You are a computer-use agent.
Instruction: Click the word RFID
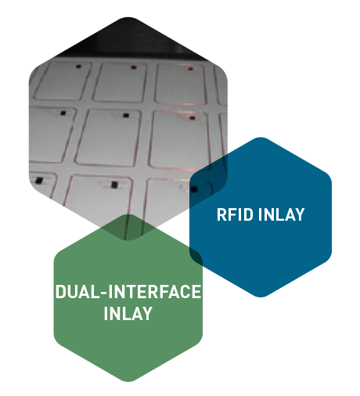(235, 214)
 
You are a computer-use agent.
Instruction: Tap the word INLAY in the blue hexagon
(281, 214)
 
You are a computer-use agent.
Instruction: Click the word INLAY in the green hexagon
(128, 313)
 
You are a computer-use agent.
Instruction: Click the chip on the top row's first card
(78, 67)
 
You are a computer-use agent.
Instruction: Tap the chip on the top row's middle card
(134, 67)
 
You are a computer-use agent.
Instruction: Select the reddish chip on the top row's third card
(190, 69)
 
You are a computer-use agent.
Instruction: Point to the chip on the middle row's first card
(63, 113)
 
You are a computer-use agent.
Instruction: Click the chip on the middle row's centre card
(126, 115)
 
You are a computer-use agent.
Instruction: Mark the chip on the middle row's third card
(193, 118)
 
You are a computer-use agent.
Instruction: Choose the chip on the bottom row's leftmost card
(39, 180)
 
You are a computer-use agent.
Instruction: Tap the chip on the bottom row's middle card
(114, 185)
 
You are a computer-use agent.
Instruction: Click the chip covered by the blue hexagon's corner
(194, 189)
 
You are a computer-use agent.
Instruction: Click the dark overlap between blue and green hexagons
(196, 257)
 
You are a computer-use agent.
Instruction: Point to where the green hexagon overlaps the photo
(128, 228)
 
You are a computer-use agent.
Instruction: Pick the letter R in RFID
(221, 214)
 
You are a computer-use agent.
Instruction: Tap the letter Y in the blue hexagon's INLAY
(299, 214)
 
